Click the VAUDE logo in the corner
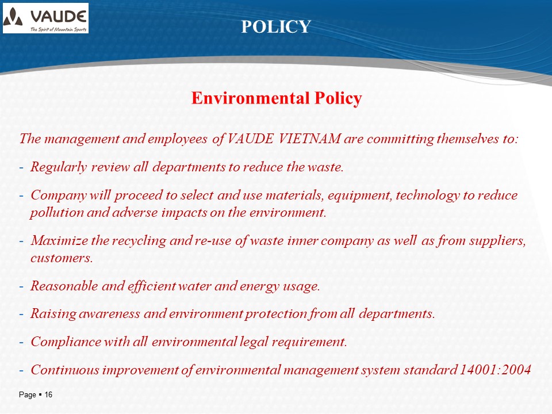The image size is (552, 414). click(x=46, y=18)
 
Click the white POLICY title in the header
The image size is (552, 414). click(x=276, y=26)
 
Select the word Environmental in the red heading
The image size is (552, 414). click(x=251, y=98)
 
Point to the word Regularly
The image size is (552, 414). click(x=59, y=167)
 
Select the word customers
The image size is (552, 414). click(x=62, y=258)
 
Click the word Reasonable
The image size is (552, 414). click(x=64, y=286)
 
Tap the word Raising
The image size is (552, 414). click(x=53, y=314)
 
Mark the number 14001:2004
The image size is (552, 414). click(x=495, y=370)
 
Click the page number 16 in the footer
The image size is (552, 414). click(x=48, y=394)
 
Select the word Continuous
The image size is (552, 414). click(x=64, y=370)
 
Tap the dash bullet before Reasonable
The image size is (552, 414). click(x=21, y=286)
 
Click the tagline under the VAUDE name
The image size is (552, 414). click(x=58, y=29)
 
